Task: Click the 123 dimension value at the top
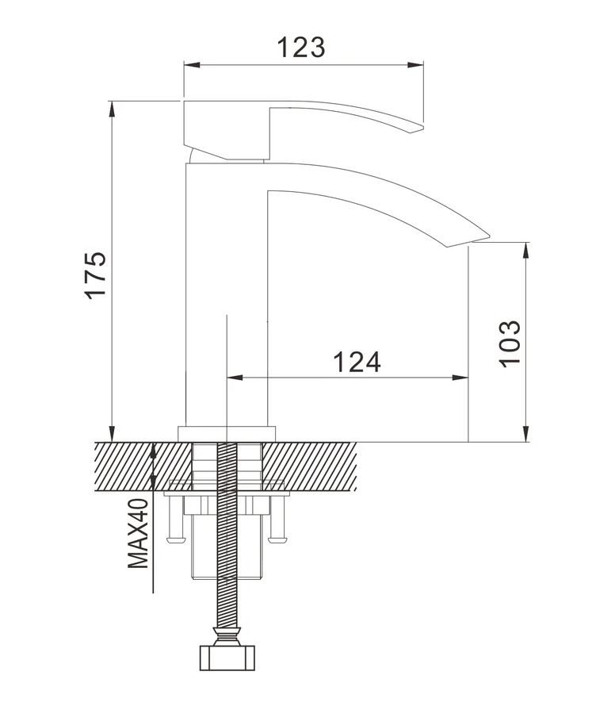coord(300,47)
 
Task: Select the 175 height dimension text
coord(95,274)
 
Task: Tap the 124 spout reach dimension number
coord(356,362)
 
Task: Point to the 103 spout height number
coord(510,342)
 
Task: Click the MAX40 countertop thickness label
coord(139,533)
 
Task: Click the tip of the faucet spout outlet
coord(480,237)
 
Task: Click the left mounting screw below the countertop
coord(175,524)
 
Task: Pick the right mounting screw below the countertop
coord(277,524)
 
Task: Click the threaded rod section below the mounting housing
coord(227,603)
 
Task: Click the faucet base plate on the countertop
coord(227,433)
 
